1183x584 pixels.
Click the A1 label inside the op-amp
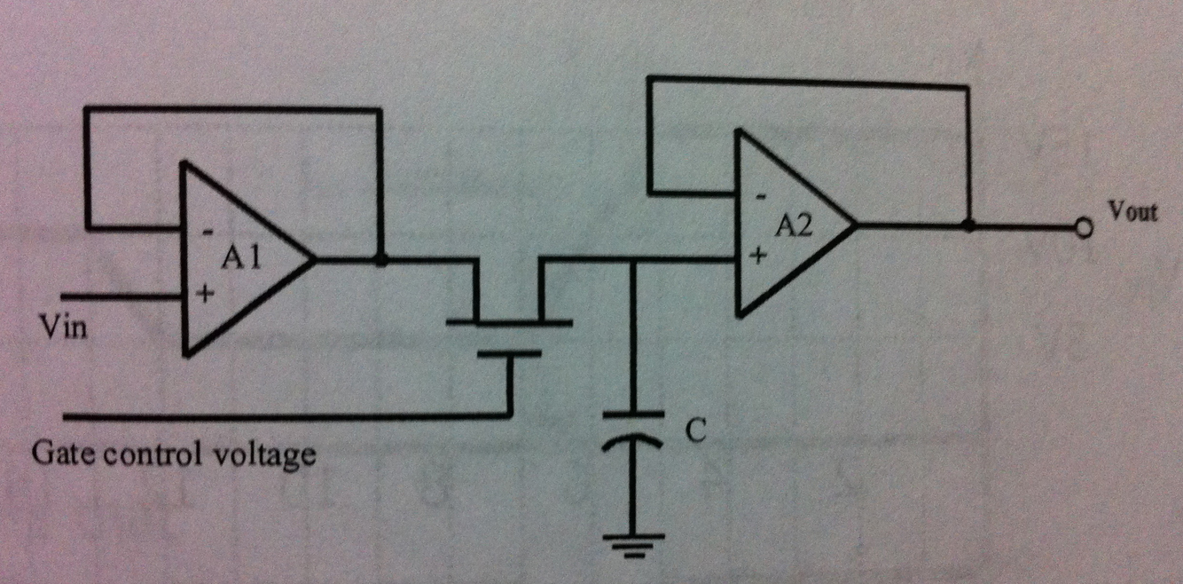[239, 259]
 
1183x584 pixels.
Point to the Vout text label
[1132, 213]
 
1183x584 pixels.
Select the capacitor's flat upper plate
[632, 414]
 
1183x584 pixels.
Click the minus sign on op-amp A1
[207, 232]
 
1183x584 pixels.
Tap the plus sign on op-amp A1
[206, 294]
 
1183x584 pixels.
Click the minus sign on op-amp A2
[759, 196]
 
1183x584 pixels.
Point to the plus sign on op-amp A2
[758, 256]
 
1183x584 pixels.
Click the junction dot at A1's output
[381, 261]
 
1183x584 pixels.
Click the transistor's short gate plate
[509, 354]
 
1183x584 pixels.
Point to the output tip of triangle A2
[854, 225]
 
